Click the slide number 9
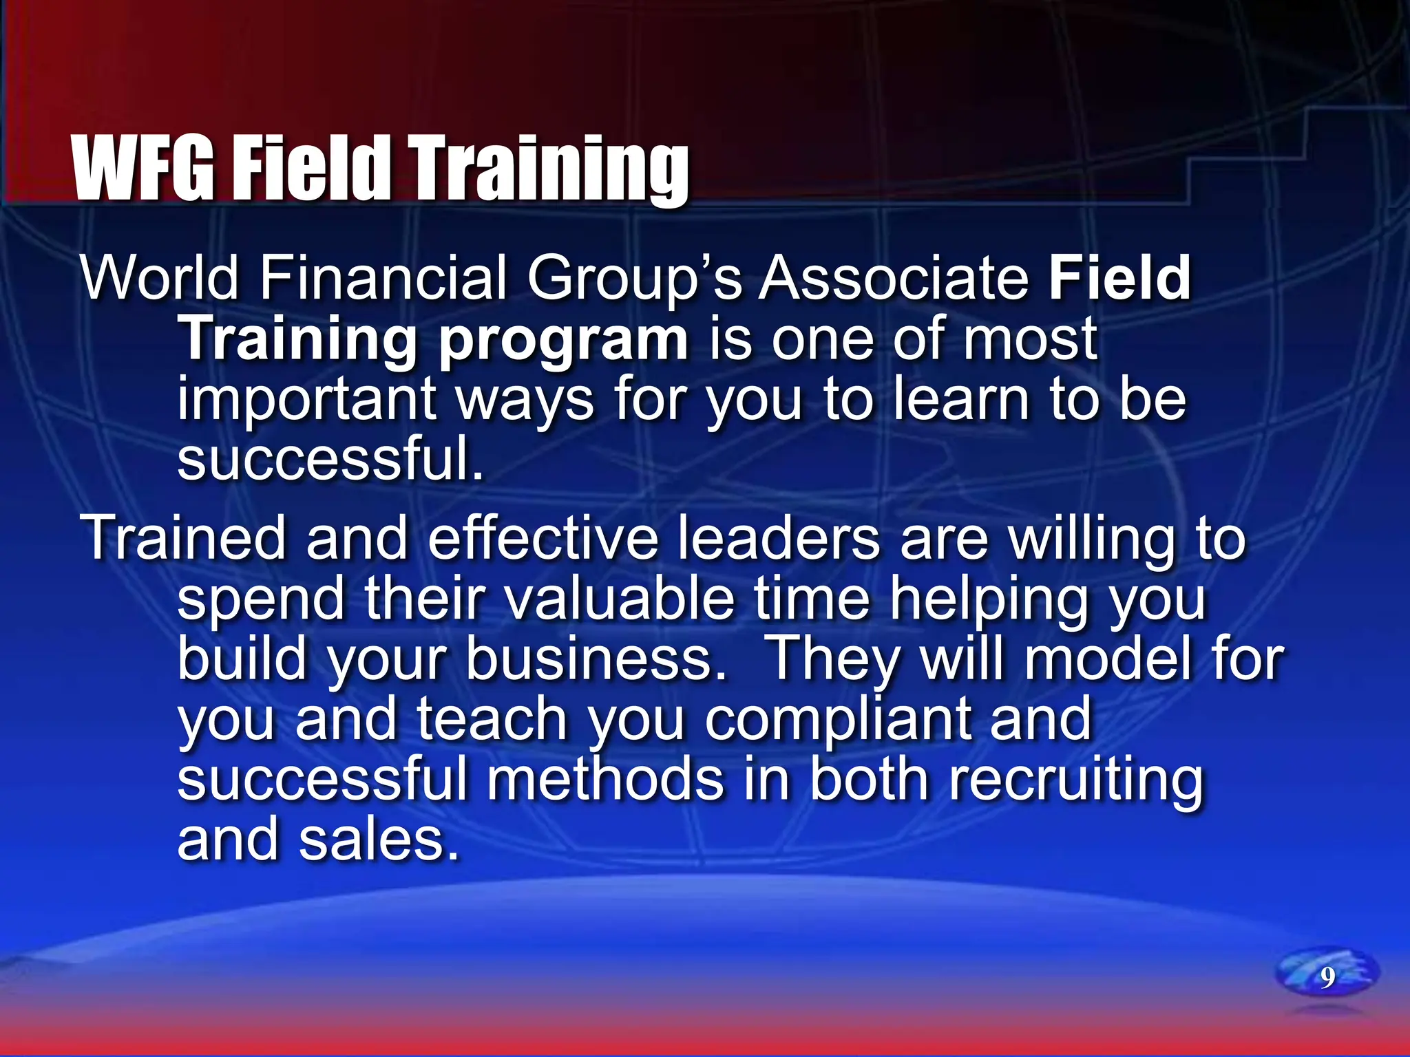pos(1327,977)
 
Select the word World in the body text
pos(160,278)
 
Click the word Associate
pos(894,278)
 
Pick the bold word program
pos(563,340)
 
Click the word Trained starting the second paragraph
pos(183,538)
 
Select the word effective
pos(543,538)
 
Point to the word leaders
pos(779,538)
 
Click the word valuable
pos(620,599)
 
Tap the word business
pos(596,659)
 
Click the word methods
pos(606,780)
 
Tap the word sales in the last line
pos(379,840)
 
